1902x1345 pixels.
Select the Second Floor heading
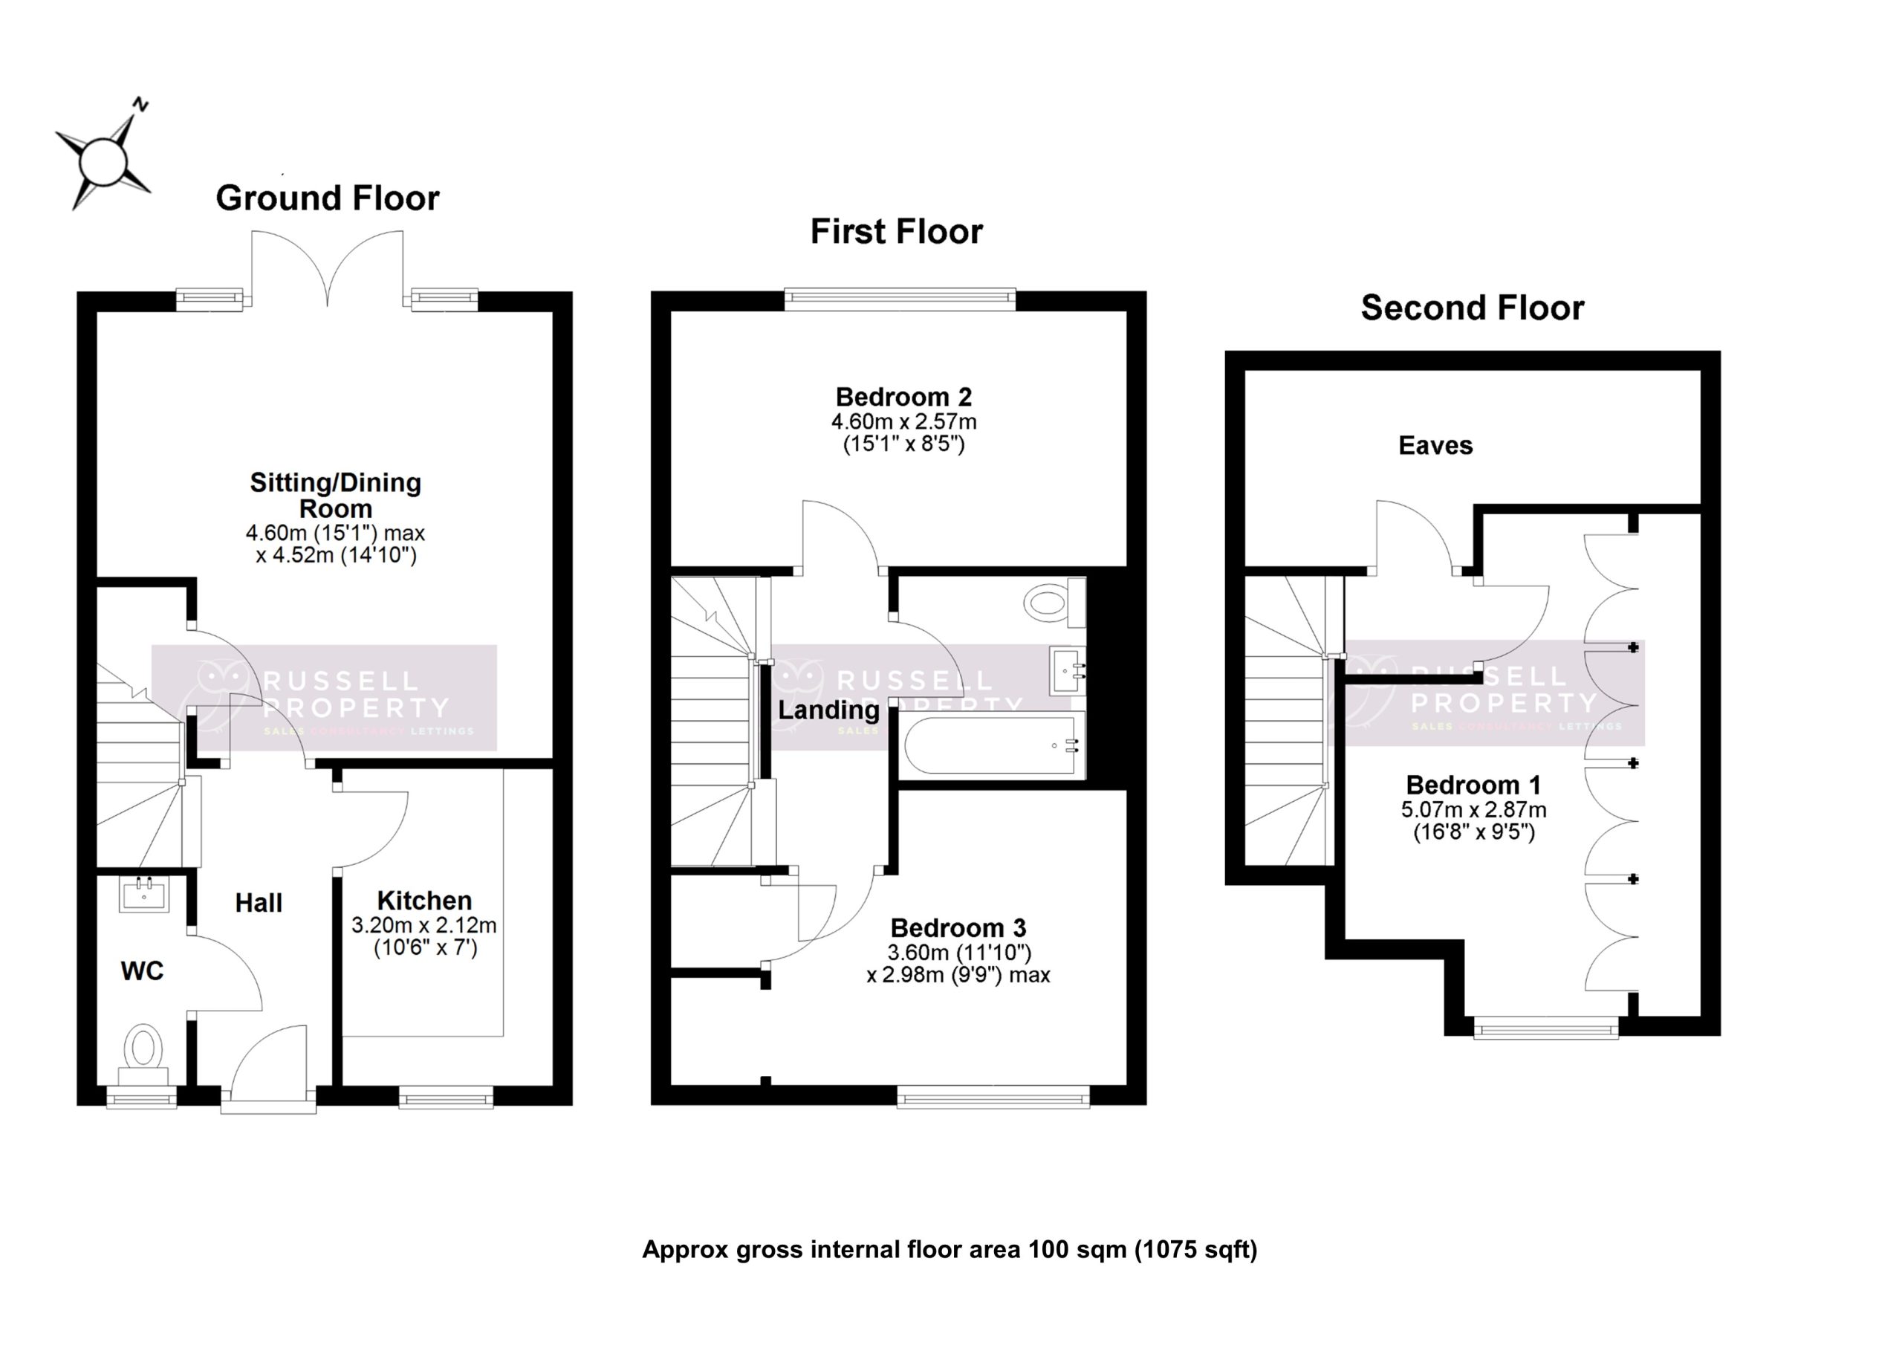tap(1471, 308)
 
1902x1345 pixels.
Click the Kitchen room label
tap(424, 901)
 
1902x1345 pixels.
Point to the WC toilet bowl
tap(144, 1046)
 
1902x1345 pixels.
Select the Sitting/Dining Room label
tap(336, 495)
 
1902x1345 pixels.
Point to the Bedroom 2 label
tap(903, 397)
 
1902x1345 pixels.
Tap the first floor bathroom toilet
tap(1052, 603)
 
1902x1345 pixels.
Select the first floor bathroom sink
tap(1067, 670)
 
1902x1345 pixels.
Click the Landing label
tap(828, 710)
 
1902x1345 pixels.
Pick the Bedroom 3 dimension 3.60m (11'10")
tap(959, 952)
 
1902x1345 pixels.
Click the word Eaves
tap(1435, 446)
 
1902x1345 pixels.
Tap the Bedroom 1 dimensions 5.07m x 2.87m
tap(1473, 810)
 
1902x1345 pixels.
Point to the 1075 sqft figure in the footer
tap(1195, 1249)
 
